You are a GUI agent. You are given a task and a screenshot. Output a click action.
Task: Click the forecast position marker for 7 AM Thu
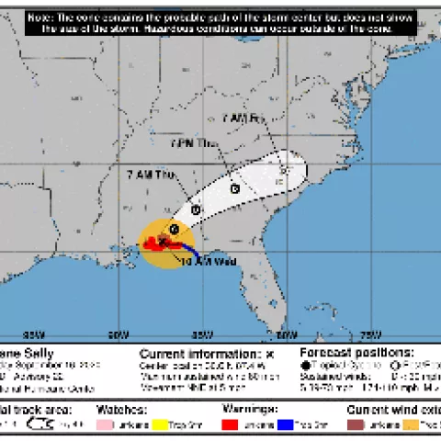pos(197,210)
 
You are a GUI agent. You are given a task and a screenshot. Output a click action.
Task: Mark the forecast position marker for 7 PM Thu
pos(235,188)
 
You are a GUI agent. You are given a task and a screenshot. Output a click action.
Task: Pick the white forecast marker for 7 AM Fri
pos(285,169)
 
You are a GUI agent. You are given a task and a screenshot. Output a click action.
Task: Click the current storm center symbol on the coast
pos(163,241)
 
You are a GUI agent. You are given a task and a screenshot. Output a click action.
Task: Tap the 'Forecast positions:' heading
pos(357,352)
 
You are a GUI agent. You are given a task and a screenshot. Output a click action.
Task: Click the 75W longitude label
pos(368,334)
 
